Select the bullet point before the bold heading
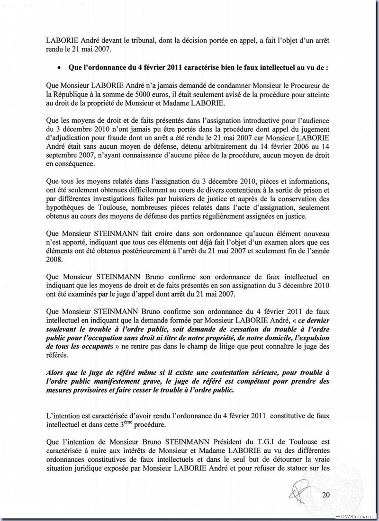[x=58, y=68]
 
